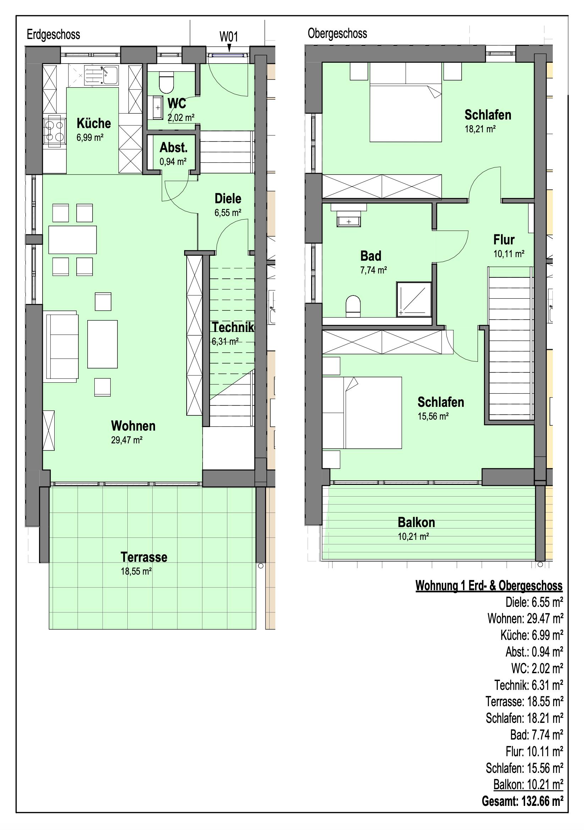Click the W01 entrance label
[228, 37]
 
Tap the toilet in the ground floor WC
[166, 82]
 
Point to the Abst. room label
[173, 148]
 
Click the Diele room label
[228, 199]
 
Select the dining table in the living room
[73, 240]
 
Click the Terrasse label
[144, 557]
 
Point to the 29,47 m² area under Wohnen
[127, 440]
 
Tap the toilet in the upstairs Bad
[353, 306]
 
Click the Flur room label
[504, 240]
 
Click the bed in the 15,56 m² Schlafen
[362, 413]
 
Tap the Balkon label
[416, 522]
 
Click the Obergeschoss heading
[337, 34]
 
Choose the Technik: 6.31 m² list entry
[529, 685]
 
